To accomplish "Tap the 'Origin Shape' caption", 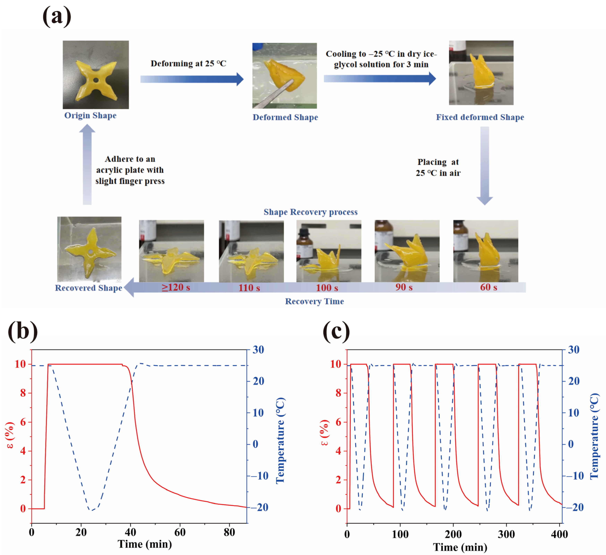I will tap(90, 115).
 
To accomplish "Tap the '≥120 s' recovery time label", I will tap(176, 287).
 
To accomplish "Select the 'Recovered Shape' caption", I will tap(88, 288).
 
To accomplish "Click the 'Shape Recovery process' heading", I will tap(311, 212).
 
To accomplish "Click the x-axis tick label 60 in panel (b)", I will tap(180, 532).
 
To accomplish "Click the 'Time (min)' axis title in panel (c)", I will tap(460, 547).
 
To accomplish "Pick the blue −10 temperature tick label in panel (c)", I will tap(575, 476).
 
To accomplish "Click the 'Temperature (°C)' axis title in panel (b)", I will tap(280, 440).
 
